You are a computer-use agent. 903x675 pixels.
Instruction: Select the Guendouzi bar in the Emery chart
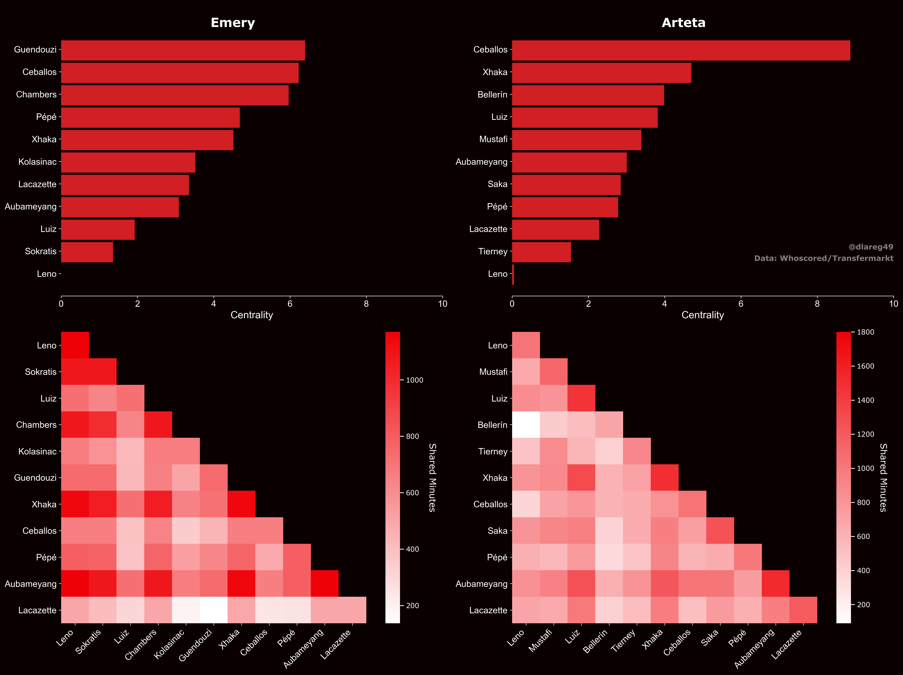[183, 50]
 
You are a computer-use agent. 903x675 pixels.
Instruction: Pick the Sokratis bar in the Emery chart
[87, 252]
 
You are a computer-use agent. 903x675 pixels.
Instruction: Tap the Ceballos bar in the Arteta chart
[681, 50]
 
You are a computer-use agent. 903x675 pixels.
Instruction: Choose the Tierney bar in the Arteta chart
[541, 252]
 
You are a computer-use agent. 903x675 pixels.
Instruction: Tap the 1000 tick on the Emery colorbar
[414, 380]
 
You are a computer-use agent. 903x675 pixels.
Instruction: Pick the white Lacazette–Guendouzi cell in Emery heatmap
[214, 610]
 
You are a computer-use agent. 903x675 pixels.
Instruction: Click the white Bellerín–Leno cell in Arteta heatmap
[526, 424]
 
